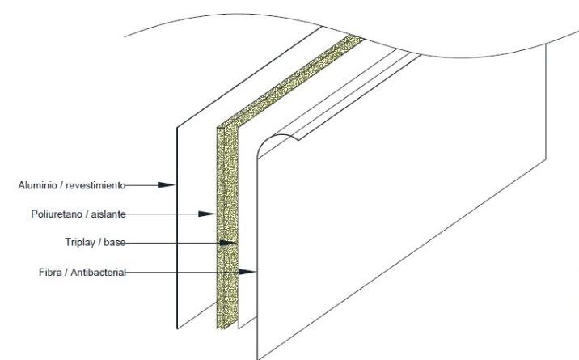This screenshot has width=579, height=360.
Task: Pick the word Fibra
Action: click(53, 272)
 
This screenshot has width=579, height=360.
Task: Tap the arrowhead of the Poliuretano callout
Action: click(207, 214)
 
